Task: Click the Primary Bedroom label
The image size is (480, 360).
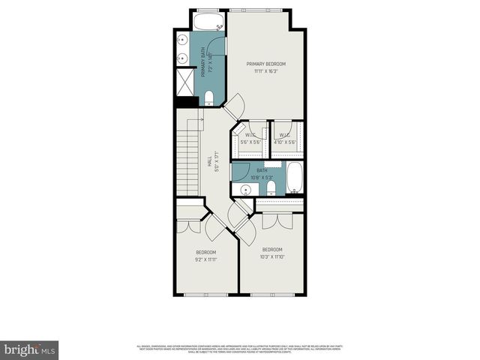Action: (x=266, y=64)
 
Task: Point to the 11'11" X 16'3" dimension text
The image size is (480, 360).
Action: (x=266, y=71)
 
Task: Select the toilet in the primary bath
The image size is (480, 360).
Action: (x=209, y=97)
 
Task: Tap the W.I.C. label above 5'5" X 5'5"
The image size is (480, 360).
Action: (x=249, y=136)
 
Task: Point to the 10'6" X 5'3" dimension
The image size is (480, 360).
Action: (x=262, y=178)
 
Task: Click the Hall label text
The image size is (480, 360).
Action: (x=209, y=161)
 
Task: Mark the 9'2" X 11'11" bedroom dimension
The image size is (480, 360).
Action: (x=205, y=259)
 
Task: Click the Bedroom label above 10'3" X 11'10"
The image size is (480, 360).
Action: (x=271, y=249)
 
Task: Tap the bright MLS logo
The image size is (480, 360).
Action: (x=30, y=349)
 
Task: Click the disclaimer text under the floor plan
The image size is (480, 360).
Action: (x=240, y=348)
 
